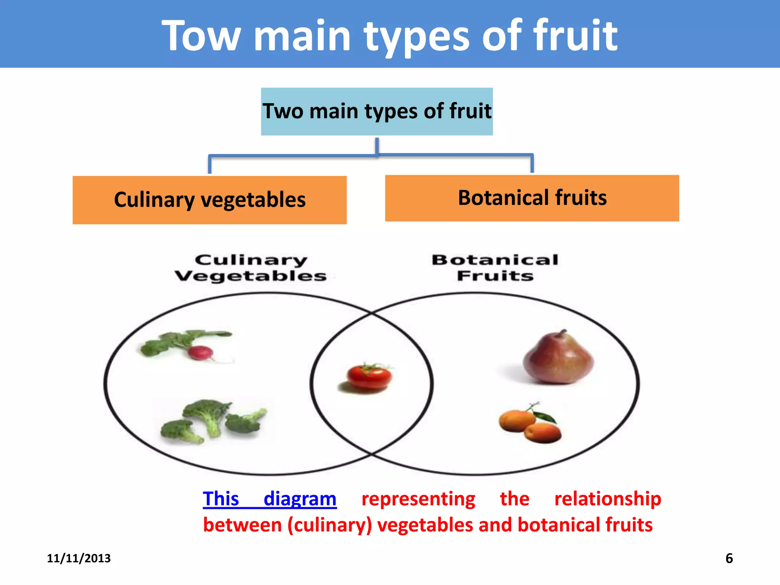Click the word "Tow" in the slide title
[201, 36]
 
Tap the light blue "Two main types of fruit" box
[377, 111]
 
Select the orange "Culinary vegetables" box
[209, 200]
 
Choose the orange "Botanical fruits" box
[532, 198]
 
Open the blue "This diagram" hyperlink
[269, 499]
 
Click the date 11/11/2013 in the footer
[79, 558]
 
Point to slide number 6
[729, 558]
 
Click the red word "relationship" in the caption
[607, 499]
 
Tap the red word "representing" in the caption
[418, 499]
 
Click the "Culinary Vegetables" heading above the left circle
[251, 268]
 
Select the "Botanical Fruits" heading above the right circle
[495, 268]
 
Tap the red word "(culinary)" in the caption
[329, 525]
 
